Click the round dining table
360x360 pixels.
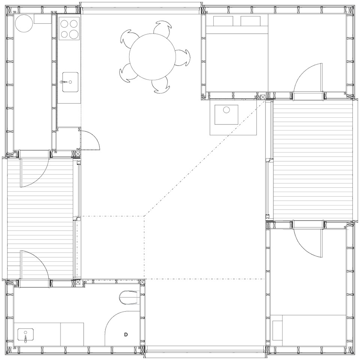pos(152,57)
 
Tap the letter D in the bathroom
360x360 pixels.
pos(126,334)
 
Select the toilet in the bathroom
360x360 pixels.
pos(129,298)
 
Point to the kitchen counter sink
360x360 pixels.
pos(70,82)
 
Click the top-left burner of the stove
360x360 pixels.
pos(64,24)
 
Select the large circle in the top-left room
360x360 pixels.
pos(24,23)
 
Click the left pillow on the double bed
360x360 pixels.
pos(223,21)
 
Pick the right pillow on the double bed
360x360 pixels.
pos(250,21)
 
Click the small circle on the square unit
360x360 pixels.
pos(226,110)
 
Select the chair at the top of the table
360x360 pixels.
pos(162,27)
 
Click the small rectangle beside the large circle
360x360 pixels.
pos(42,19)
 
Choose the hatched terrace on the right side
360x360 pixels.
pos(313,160)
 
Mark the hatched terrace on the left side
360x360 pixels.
pos(40,219)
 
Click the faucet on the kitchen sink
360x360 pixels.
pos(64,82)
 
